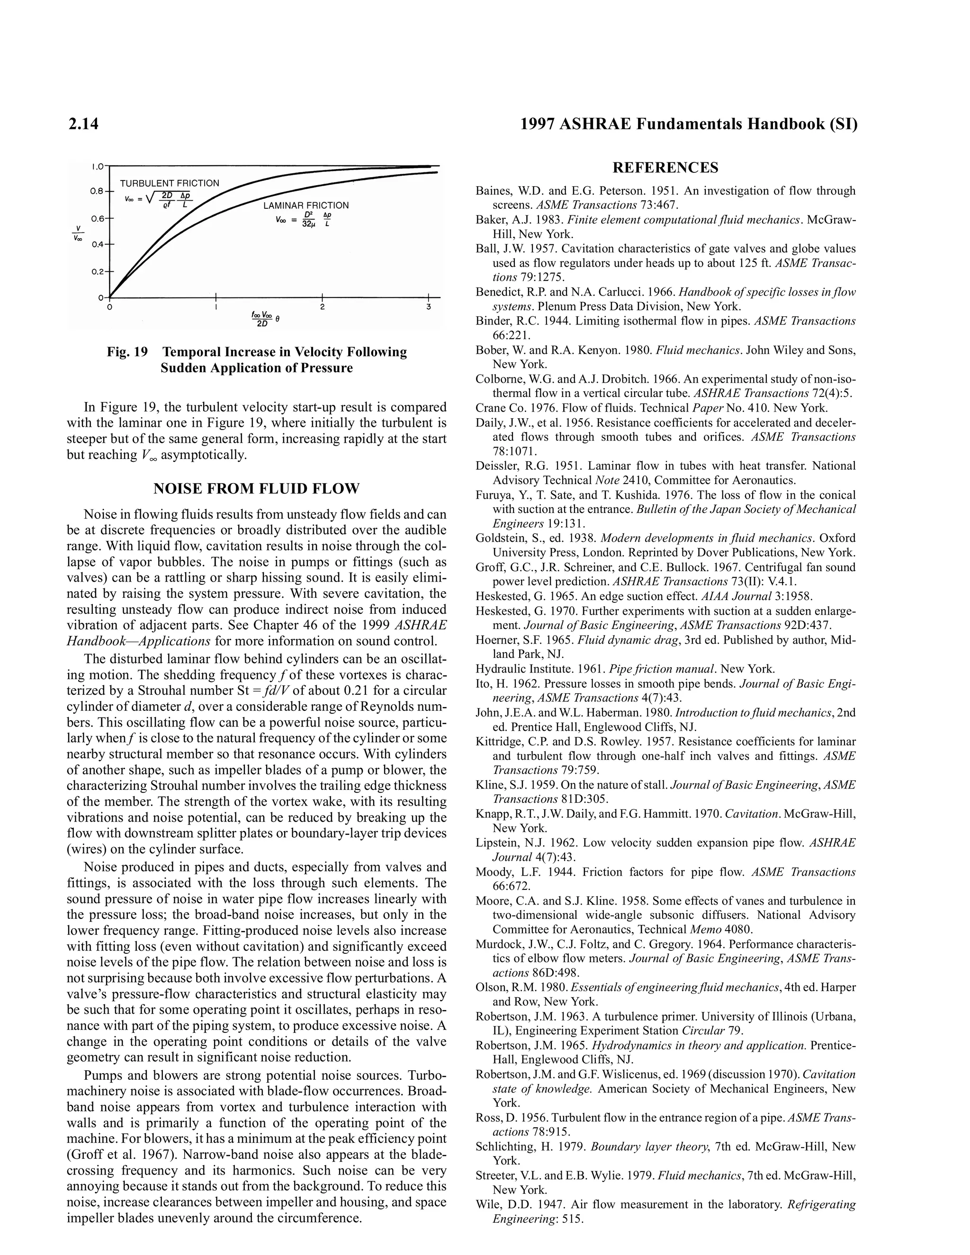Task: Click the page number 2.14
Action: (83, 124)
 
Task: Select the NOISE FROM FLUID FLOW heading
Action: (256, 489)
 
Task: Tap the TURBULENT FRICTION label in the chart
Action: (170, 183)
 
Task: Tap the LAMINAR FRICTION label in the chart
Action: (305, 205)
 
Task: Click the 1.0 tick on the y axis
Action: (98, 167)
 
